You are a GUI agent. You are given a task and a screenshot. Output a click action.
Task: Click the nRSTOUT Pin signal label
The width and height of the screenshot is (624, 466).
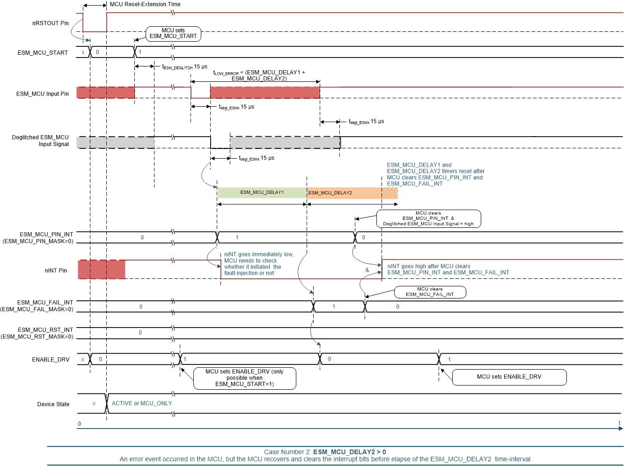(x=50, y=23)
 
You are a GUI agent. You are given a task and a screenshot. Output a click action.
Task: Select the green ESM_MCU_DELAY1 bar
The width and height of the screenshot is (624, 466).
(x=262, y=192)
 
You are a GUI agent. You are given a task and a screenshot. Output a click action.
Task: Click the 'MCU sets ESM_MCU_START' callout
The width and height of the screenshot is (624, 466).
(x=173, y=33)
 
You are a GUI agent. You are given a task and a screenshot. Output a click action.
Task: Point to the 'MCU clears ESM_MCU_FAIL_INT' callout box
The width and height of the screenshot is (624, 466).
(x=430, y=292)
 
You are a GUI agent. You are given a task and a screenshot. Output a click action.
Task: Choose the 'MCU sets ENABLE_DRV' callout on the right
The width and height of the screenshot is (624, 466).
(x=509, y=377)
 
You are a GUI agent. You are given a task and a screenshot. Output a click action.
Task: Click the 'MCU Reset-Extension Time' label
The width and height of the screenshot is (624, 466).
(x=145, y=4)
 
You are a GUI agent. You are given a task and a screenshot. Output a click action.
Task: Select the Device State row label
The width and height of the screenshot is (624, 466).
(x=53, y=404)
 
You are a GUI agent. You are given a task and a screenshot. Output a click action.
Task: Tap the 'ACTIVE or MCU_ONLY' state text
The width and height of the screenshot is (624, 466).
(x=142, y=403)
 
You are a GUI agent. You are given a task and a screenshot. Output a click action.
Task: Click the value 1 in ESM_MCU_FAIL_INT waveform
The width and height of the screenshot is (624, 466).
(x=334, y=307)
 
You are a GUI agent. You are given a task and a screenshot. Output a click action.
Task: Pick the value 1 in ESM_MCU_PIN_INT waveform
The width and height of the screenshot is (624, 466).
(x=237, y=238)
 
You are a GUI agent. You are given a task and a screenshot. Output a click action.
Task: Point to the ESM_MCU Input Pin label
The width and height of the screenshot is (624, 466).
(x=42, y=94)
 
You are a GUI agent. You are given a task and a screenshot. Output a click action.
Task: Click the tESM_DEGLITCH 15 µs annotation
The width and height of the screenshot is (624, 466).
(x=184, y=67)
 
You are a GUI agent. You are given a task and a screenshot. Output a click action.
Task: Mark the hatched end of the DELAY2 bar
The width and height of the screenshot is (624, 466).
(x=389, y=193)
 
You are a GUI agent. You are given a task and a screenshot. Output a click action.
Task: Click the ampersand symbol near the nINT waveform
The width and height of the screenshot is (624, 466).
(x=367, y=270)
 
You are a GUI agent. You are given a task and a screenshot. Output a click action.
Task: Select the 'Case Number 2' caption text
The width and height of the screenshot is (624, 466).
(x=325, y=452)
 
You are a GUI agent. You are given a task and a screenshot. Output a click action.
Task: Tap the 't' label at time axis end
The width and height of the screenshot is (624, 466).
(x=619, y=423)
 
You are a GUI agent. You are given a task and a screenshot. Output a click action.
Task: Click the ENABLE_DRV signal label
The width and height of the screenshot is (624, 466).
(x=51, y=360)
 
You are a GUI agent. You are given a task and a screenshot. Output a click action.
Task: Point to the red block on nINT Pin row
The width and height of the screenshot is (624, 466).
(x=102, y=269)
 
